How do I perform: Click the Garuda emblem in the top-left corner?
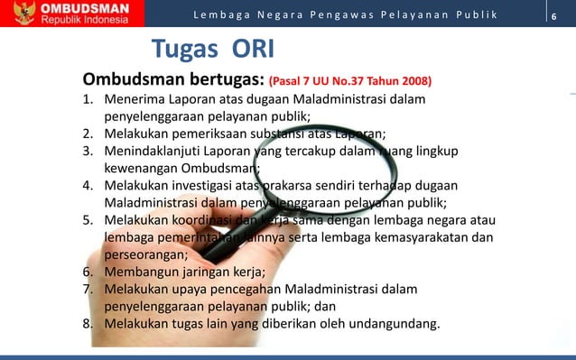click(16, 14)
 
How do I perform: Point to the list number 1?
click(89, 98)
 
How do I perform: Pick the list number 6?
click(89, 272)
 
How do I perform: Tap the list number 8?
click(89, 323)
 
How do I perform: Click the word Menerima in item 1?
click(135, 98)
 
